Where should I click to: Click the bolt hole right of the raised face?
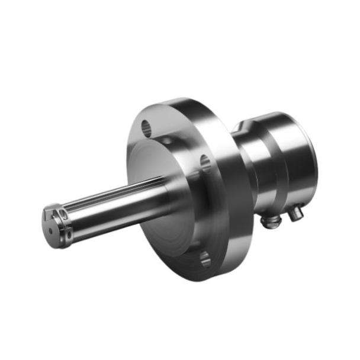coord(205,161)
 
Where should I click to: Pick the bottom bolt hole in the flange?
coord(205,258)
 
